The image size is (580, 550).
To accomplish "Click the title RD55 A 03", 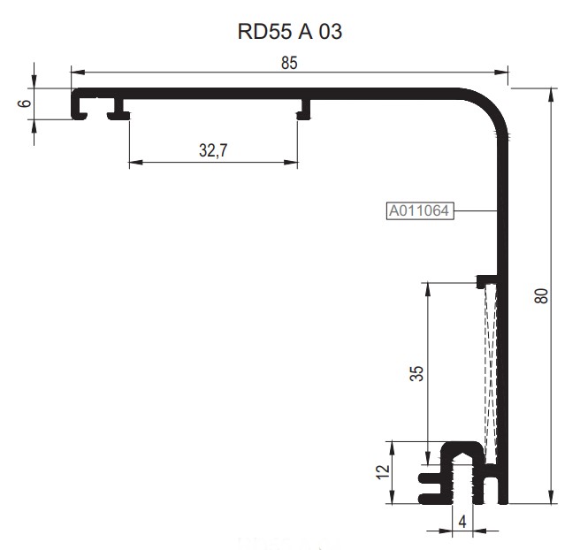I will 290,33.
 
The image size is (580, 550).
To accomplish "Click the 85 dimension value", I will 289,63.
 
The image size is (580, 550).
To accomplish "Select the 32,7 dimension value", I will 213,151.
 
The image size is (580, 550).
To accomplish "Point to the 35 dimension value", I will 417,373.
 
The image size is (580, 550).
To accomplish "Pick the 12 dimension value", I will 382,472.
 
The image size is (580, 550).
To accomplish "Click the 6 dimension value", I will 25,103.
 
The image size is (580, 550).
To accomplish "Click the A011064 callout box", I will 420,210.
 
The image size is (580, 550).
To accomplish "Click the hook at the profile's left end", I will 80,106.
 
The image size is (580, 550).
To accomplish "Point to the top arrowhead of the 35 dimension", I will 428,287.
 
